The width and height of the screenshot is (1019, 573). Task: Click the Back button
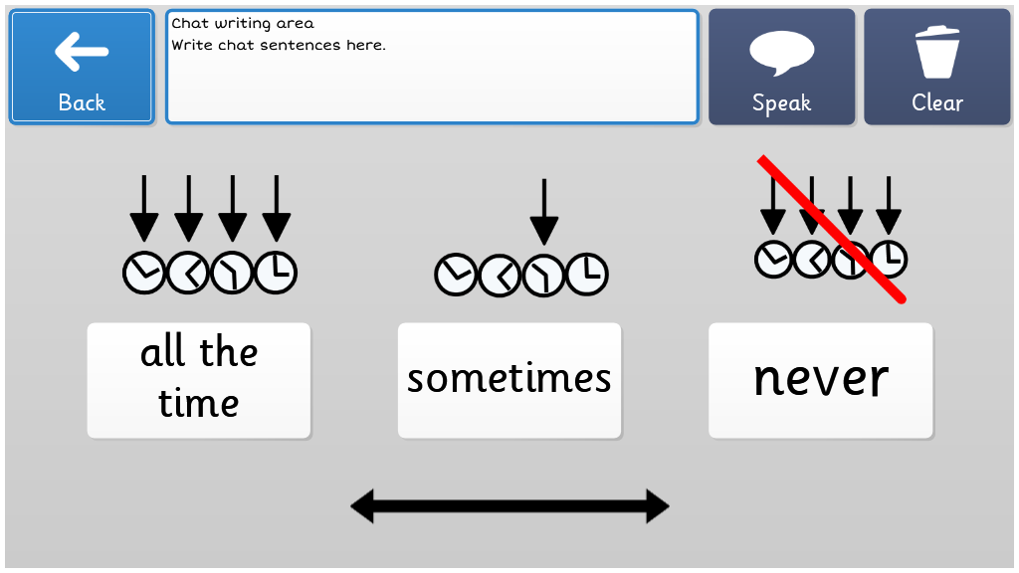click(82, 67)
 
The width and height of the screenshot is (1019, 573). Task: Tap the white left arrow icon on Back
click(82, 52)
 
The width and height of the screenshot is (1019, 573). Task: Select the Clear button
click(937, 67)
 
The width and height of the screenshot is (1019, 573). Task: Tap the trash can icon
click(937, 52)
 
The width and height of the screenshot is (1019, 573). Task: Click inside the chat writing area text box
click(432, 67)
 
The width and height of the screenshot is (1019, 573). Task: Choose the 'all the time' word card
click(199, 380)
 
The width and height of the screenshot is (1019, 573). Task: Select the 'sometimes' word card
click(509, 380)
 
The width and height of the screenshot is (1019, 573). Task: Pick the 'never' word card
click(821, 380)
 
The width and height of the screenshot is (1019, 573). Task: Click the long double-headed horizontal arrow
click(509, 506)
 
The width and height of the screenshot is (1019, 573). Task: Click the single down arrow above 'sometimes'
click(544, 211)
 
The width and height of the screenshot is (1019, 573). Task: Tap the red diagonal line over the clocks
click(832, 230)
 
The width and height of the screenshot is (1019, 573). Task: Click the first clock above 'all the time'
click(143, 273)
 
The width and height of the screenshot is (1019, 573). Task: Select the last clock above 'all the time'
click(277, 273)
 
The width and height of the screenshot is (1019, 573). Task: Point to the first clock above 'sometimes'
click(456, 275)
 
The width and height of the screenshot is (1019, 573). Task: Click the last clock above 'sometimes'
click(587, 275)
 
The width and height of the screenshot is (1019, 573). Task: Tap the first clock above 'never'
click(773, 260)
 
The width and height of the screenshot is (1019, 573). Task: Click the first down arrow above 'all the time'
click(144, 208)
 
